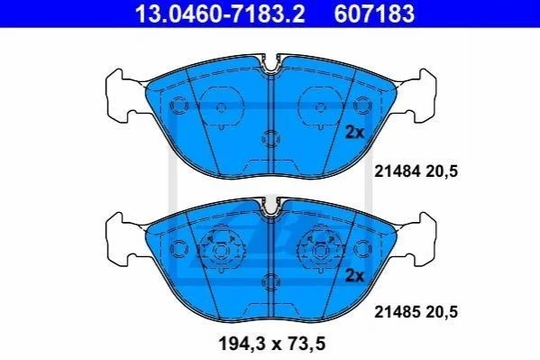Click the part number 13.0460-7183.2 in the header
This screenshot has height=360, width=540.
tap(220, 14)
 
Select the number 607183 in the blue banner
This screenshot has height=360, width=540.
tap(374, 14)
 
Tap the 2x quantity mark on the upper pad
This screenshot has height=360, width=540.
tap(354, 132)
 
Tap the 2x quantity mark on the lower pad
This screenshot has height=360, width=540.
tap(354, 275)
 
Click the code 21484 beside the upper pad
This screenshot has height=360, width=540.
tap(397, 171)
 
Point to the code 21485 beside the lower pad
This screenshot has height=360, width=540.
tap(397, 312)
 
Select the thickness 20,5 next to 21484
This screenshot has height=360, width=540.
tap(442, 171)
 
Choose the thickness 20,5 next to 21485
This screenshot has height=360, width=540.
tap(442, 312)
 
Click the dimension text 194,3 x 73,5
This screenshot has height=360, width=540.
tap(272, 344)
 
